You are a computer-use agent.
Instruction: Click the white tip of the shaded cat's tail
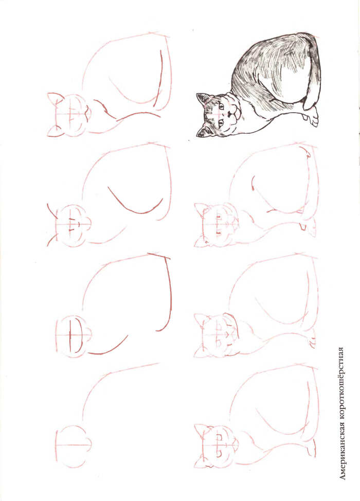click(x=308, y=104)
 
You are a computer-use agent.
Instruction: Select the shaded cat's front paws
click(x=312, y=117)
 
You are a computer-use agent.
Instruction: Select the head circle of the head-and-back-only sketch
click(x=73, y=446)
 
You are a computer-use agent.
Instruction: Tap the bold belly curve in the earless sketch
click(x=108, y=349)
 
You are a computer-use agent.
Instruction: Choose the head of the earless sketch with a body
click(x=73, y=336)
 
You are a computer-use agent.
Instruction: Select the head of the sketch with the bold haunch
click(x=69, y=225)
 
